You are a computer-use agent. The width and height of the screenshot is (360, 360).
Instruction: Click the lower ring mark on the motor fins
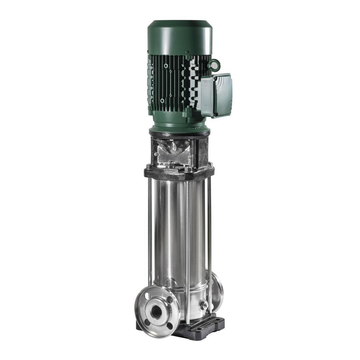[162, 100]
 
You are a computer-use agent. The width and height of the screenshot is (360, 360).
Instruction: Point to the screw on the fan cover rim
[187, 52]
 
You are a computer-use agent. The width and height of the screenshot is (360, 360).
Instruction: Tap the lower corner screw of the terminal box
[215, 114]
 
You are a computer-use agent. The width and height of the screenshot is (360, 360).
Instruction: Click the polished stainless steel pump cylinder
[177, 233]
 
